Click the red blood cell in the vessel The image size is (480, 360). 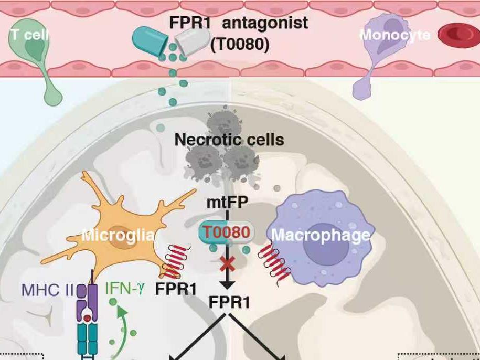[457, 35]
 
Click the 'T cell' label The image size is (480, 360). [28, 35]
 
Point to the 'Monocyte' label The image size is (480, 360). [394, 35]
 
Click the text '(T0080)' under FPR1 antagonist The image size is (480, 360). [240, 45]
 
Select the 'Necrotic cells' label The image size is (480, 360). [229, 140]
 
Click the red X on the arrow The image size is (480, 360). [227, 263]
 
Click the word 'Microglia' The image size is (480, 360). [118, 235]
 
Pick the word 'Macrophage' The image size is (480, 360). [321, 235]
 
